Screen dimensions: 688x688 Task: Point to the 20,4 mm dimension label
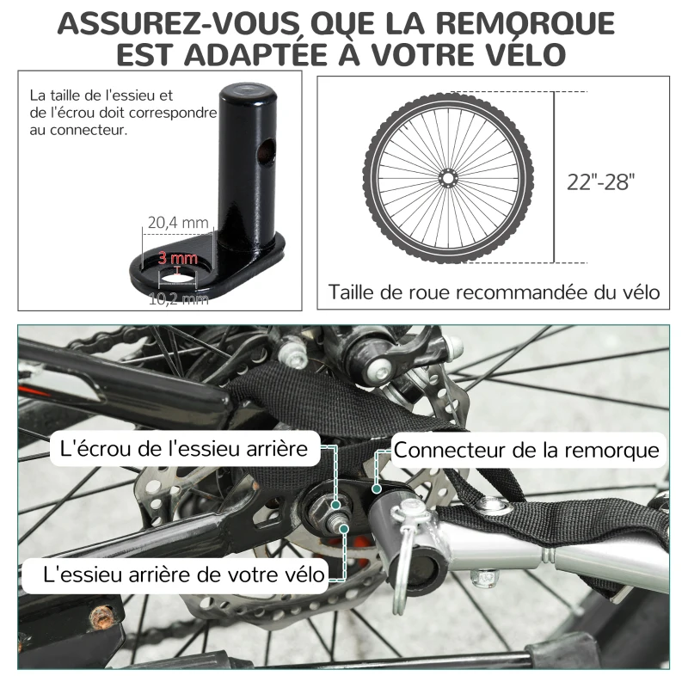[178, 223]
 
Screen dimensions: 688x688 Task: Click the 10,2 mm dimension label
[178, 298]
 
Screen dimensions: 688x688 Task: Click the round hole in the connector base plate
[178, 277]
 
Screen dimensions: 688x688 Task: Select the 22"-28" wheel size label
[601, 181]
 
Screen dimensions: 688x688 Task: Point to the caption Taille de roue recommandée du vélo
[494, 292]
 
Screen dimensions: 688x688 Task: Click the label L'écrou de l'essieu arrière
[185, 449]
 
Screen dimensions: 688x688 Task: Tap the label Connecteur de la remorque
[526, 450]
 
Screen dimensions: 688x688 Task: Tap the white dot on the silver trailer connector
[377, 488]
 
